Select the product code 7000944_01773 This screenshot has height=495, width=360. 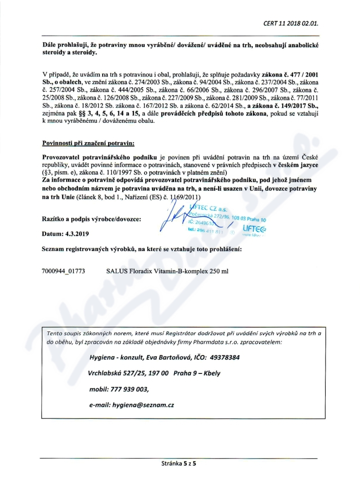pyautogui.click(x=63, y=272)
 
